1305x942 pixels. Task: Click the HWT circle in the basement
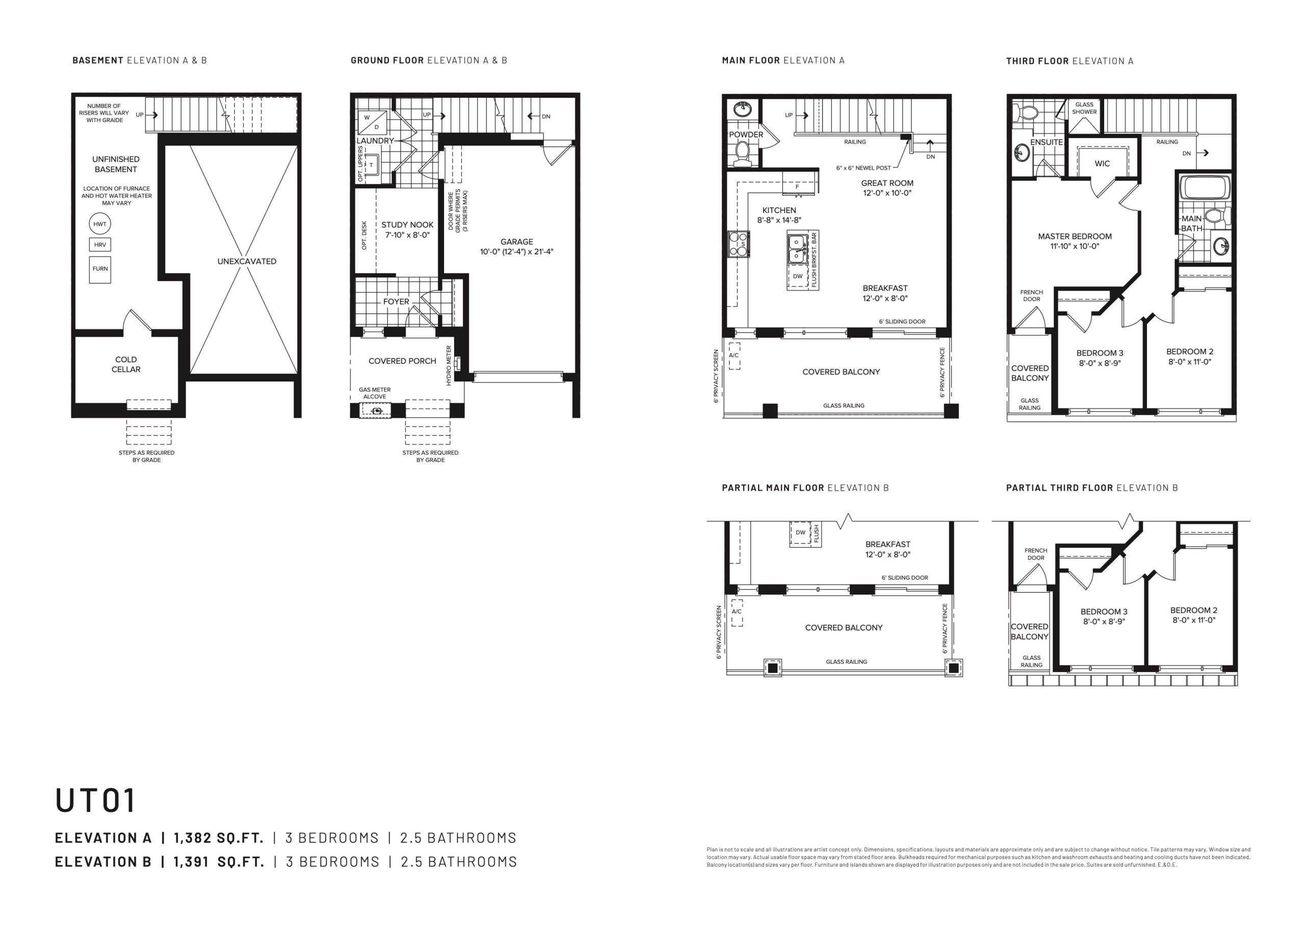(x=100, y=224)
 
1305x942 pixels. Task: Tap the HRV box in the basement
(x=100, y=245)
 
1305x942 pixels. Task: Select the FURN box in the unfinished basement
(x=100, y=268)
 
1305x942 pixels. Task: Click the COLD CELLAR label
(x=126, y=365)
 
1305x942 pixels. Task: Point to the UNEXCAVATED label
(x=247, y=261)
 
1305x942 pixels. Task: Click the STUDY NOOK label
(x=407, y=225)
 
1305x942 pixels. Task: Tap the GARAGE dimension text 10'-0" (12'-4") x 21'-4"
(x=517, y=252)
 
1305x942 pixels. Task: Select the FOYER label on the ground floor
(x=397, y=301)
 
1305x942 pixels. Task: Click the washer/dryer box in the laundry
(x=371, y=122)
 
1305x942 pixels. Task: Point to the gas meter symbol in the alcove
(x=376, y=411)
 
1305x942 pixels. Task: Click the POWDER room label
(x=746, y=134)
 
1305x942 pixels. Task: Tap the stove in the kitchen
(x=739, y=244)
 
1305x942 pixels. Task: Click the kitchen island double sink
(x=797, y=249)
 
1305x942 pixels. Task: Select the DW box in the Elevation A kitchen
(x=797, y=277)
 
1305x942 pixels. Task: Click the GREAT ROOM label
(x=888, y=183)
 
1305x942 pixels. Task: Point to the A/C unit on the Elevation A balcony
(x=734, y=356)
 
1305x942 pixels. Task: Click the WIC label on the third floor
(x=1102, y=164)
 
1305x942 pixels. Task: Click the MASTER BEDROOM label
(x=1074, y=236)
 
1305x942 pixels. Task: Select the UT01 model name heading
(x=95, y=800)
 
